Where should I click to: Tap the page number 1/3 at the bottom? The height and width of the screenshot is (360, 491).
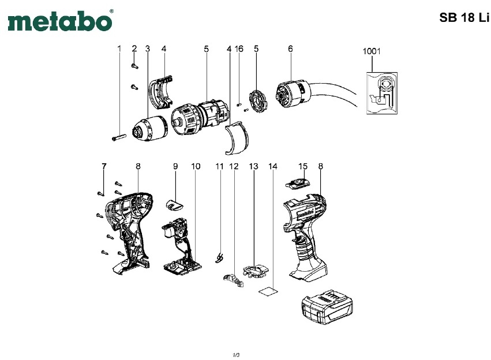pyautogui.click(x=236, y=354)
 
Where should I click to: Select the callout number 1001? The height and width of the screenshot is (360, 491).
pyautogui.click(x=372, y=51)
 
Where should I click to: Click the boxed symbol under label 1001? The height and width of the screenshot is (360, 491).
pyautogui.click(x=381, y=92)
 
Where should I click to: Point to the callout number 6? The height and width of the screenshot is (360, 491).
pyautogui.click(x=290, y=49)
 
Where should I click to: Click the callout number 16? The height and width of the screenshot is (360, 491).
pyautogui.click(x=239, y=49)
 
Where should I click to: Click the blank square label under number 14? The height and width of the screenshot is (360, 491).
pyautogui.click(x=268, y=292)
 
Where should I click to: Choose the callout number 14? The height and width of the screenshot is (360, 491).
pyautogui.click(x=273, y=166)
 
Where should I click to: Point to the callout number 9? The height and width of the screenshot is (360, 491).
pyautogui.click(x=175, y=166)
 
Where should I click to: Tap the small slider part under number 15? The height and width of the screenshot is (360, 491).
pyautogui.click(x=298, y=184)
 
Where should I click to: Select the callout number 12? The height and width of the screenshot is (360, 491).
pyautogui.click(x=234, y=166)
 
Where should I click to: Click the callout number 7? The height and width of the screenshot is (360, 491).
pyautogui.click(x=104, y=166)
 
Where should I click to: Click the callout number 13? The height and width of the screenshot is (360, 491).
pyautogui.click(x=253, y=166)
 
